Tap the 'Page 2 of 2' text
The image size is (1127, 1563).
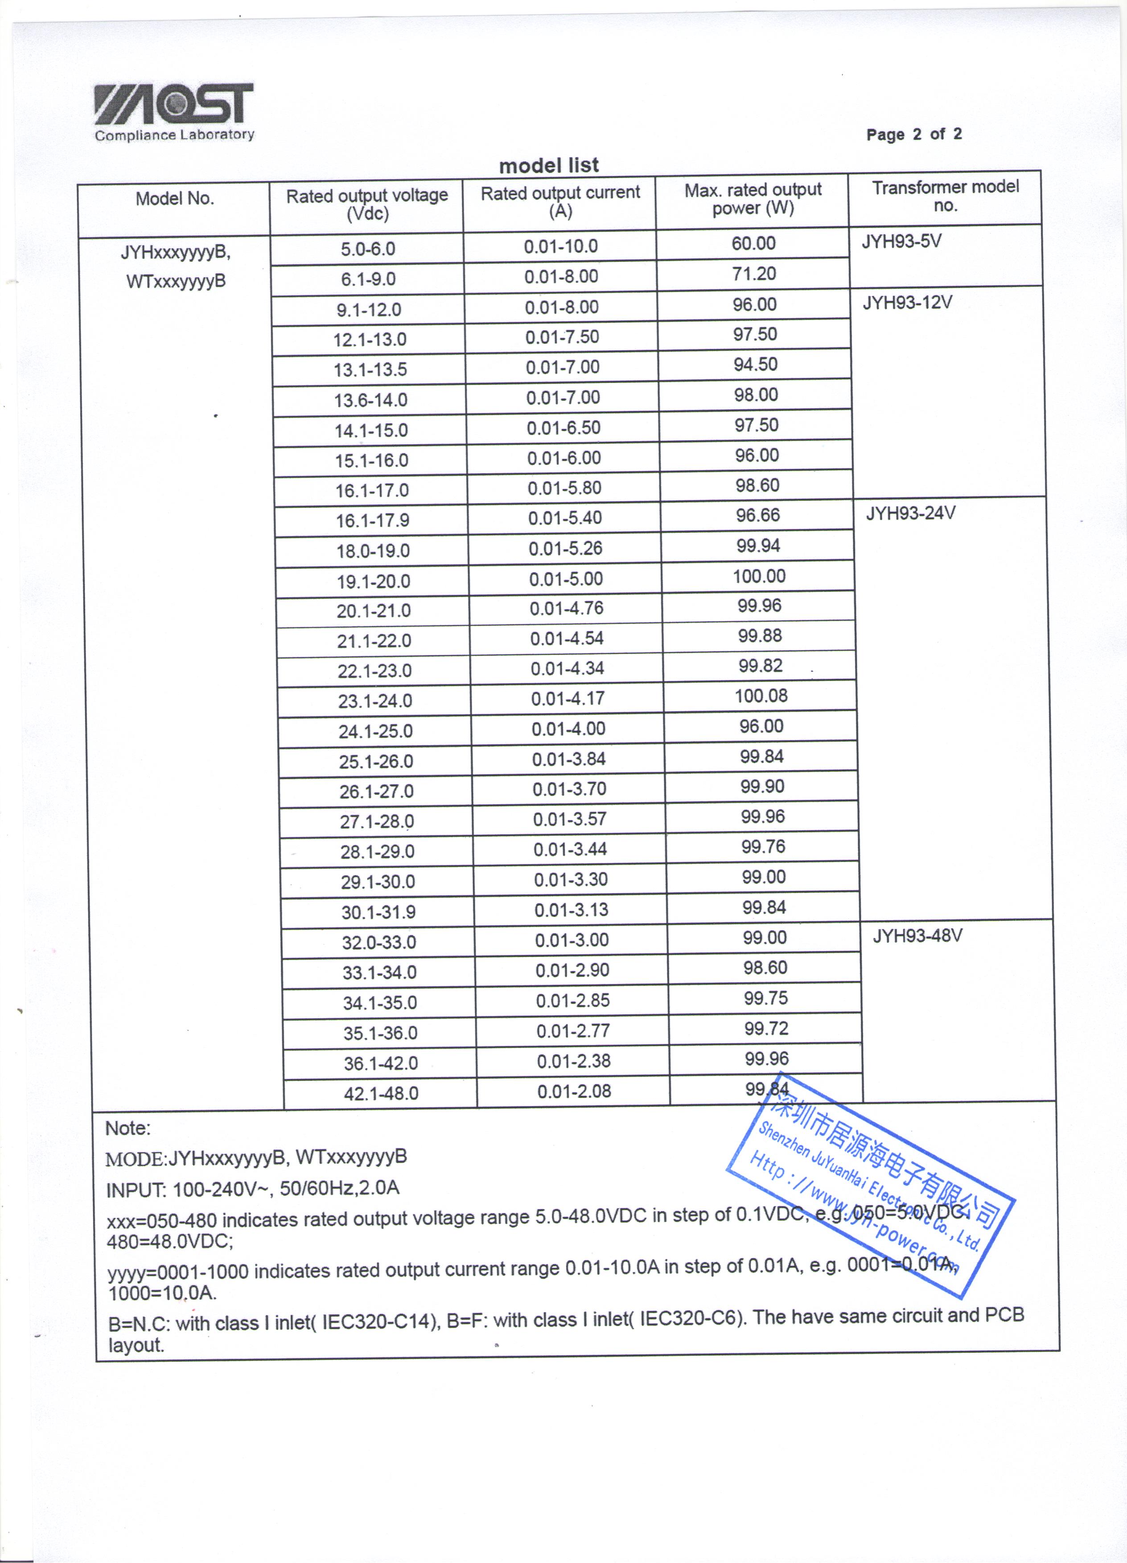click(x=913, y=135)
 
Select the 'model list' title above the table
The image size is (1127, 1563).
click(x=549, y=165)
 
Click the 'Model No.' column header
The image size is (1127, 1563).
click(x=174, y=198)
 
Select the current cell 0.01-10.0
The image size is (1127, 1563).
click(x=560, y=246)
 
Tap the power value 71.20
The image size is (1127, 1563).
click(x=754, y=274)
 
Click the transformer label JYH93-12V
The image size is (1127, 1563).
click(x=907, y=303)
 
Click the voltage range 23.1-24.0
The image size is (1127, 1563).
click(x=375, y=701)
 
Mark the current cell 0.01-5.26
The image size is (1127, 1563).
click(x=565, y=549)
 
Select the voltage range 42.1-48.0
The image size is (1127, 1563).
click(x=381, y=1094)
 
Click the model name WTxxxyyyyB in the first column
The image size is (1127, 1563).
click(x=176, y=281)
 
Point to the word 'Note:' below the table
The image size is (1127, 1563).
click(x=128, y=1128)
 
